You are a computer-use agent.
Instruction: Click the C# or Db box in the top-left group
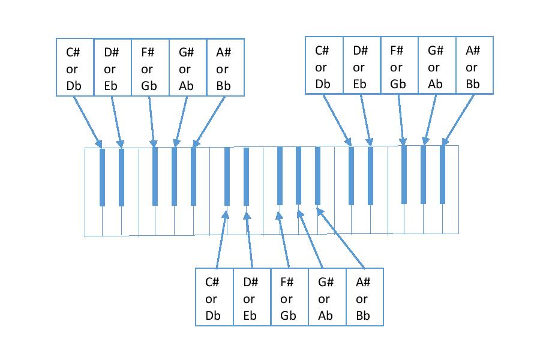click(75, 67)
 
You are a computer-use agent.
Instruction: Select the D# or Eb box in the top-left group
click(112, 67)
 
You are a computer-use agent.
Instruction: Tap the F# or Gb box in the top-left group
click(150, 67)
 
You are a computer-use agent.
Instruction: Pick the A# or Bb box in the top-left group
click(225, 67)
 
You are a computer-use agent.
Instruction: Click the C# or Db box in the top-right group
click(324, 65)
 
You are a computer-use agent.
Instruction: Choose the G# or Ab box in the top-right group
click(437, 65)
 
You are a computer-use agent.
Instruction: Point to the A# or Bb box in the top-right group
click(475, 65)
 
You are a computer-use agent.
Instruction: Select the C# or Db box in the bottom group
click(214, 297)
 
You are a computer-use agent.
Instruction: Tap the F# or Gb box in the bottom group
click(289, 297)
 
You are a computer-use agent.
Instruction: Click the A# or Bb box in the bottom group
click(364, 297)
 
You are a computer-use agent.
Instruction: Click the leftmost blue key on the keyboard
click(102, 177)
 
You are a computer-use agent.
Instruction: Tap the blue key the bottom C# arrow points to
click(227, 176)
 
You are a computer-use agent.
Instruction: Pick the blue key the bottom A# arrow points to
click(318, 176)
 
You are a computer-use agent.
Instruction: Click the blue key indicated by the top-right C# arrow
click(352, 176)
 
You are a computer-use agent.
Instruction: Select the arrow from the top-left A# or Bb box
click(209, 121)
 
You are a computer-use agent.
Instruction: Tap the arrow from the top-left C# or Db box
click(88, 121)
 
